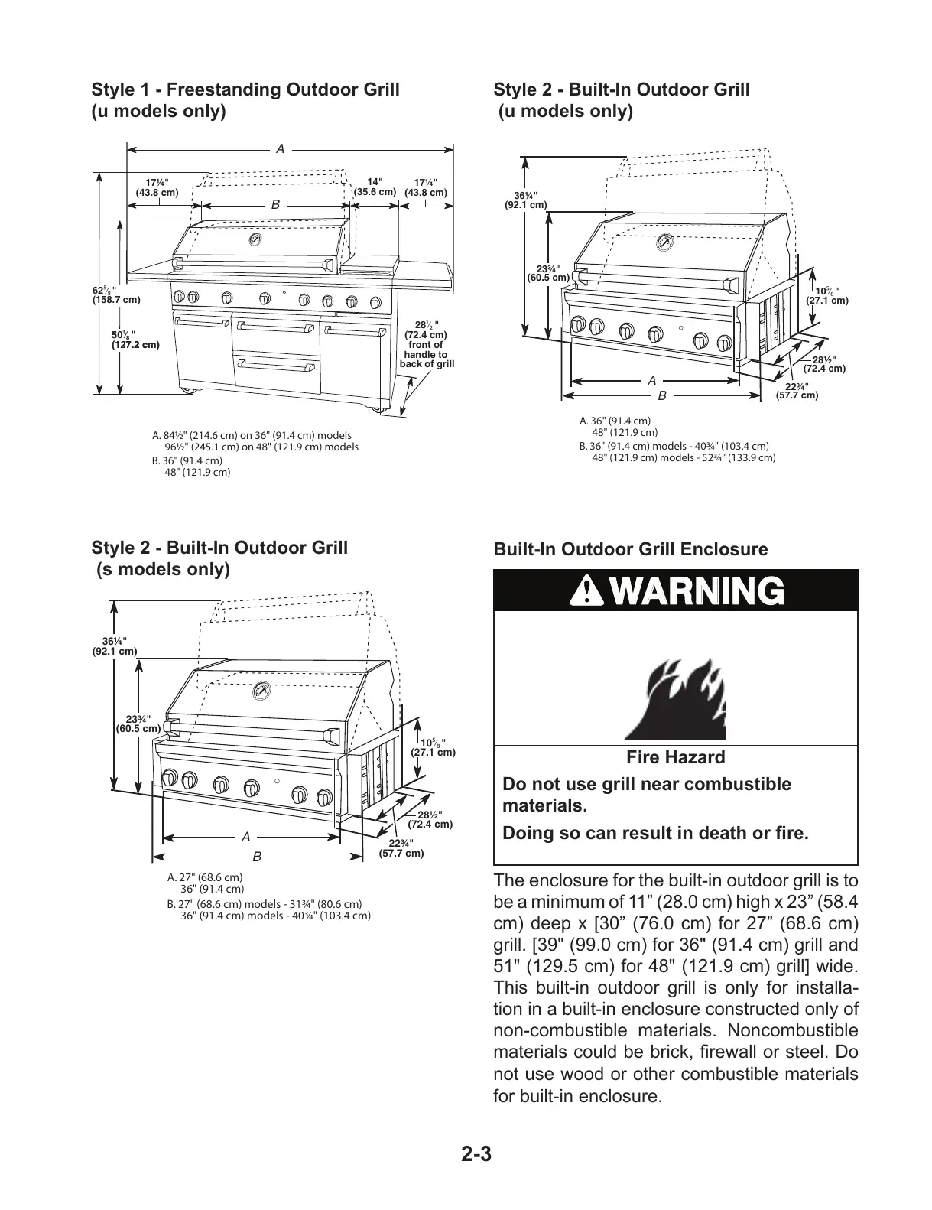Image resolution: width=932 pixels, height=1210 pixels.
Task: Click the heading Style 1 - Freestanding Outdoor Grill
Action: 245,90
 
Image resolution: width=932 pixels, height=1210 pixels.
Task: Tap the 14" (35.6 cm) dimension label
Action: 375,187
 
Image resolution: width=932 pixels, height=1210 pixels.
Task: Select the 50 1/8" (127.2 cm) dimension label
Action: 135,340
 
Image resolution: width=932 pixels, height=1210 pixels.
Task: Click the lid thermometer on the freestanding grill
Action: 256,239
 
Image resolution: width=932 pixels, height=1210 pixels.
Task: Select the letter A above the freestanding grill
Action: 281,148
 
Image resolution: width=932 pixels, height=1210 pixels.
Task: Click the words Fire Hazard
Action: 675,757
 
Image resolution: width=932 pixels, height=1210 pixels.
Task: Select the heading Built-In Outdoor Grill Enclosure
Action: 630,549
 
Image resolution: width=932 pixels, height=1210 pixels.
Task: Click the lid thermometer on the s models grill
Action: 261,691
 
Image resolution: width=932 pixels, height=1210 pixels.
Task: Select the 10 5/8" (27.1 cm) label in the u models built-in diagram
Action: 827,296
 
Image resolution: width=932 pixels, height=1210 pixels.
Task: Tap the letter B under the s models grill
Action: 258,856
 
